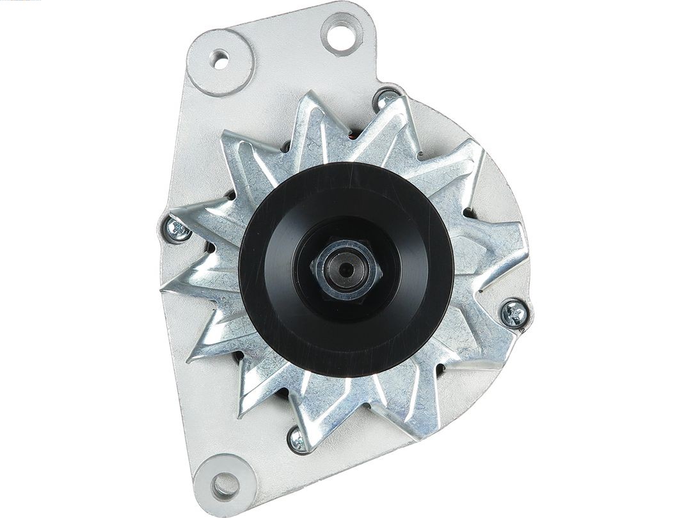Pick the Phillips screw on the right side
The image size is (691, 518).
(514, 314)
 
